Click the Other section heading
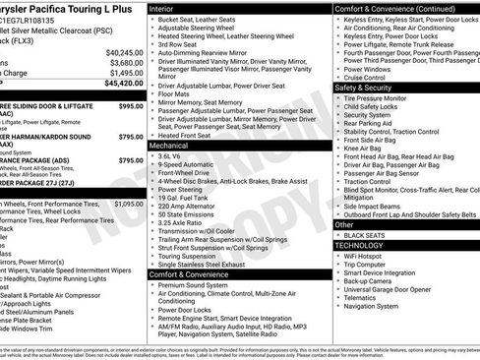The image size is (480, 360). [x=344, y=224]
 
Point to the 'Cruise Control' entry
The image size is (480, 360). [x=373, y=78]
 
